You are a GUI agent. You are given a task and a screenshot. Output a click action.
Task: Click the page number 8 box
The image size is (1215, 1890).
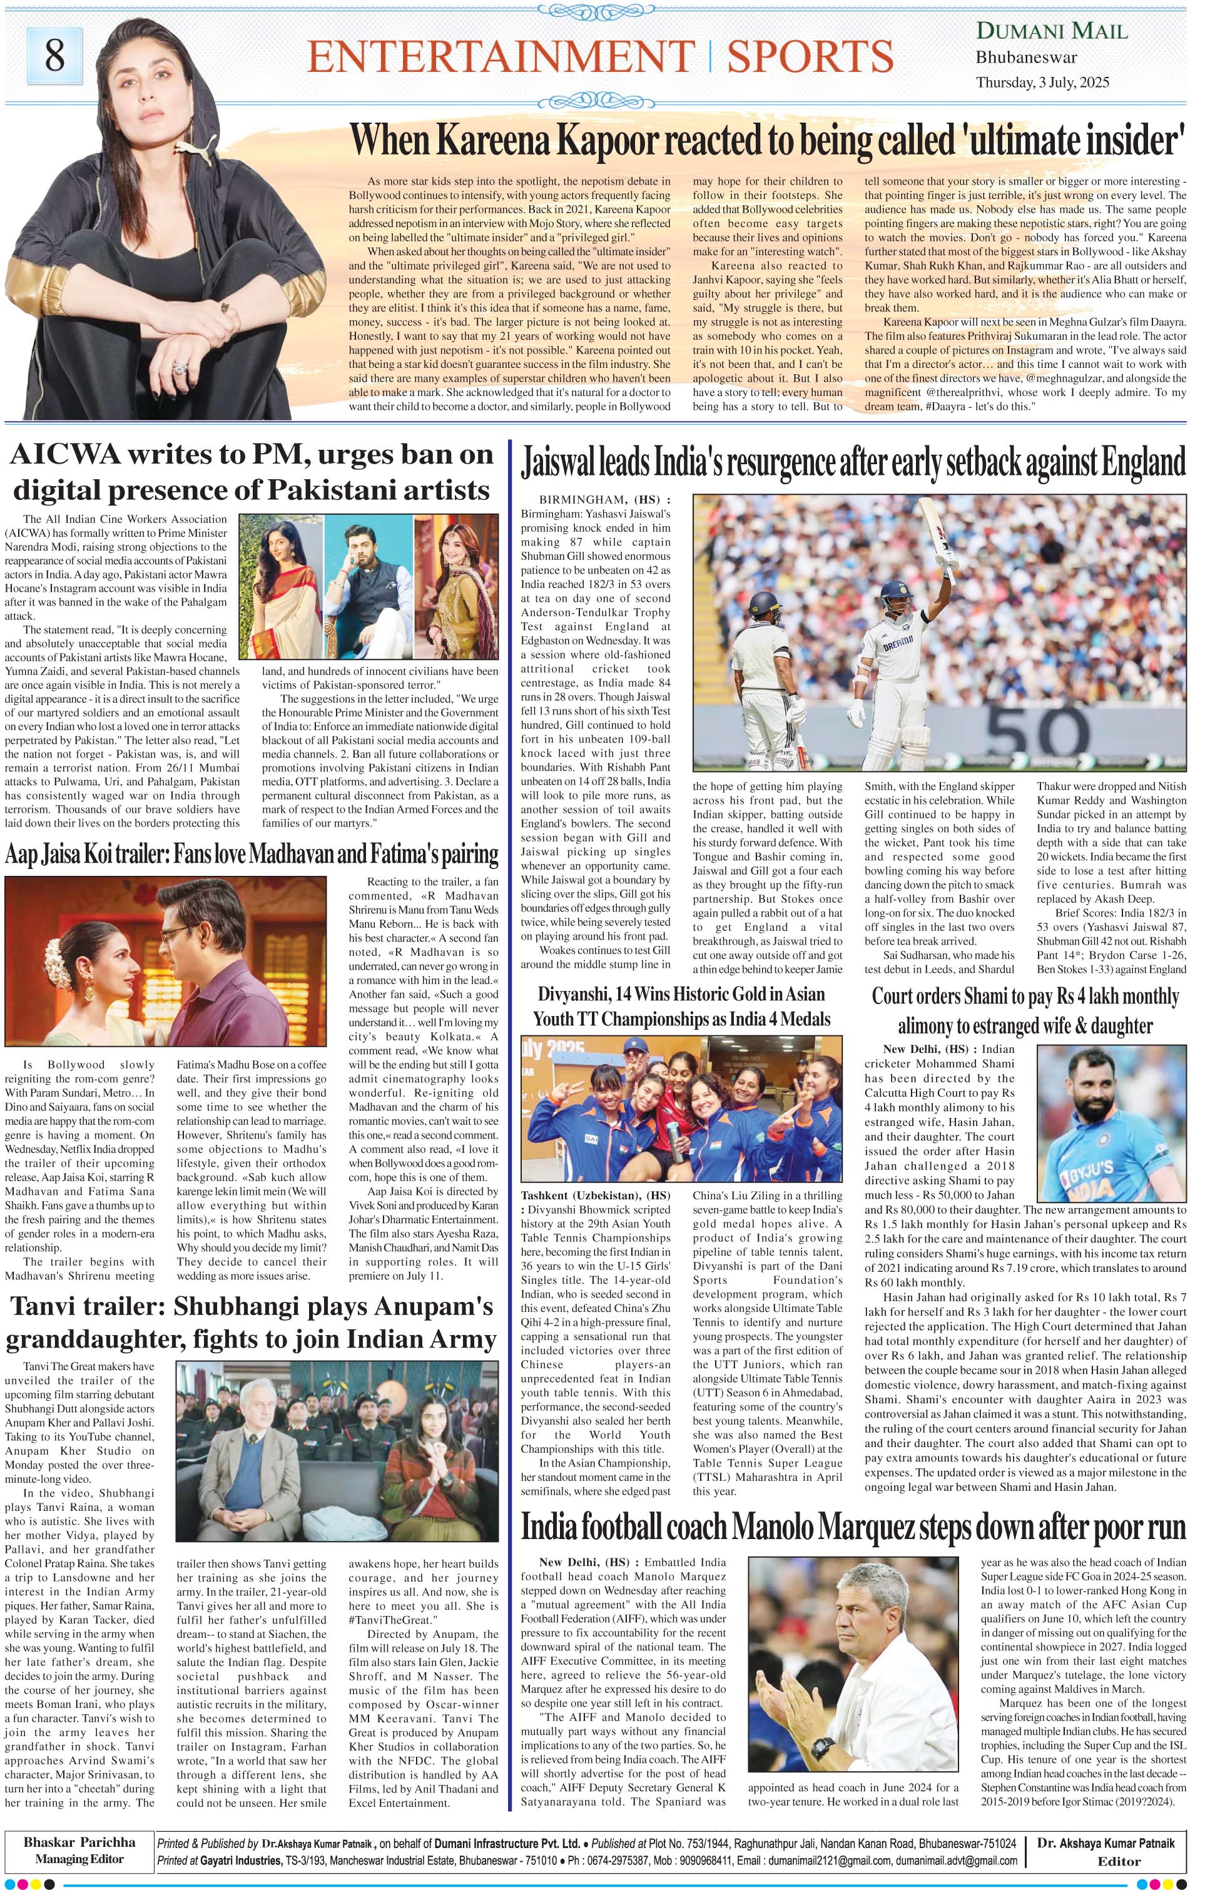pyautogui.click(x=54, y=55)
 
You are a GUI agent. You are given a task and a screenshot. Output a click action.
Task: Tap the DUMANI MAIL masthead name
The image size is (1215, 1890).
pyautogui.click(x=1052, y=31)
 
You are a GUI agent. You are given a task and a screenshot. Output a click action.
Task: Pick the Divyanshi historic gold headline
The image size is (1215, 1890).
pyautogui.click(x=677, y=1006)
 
